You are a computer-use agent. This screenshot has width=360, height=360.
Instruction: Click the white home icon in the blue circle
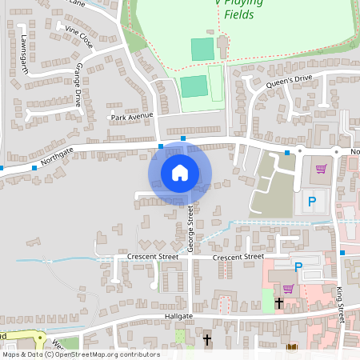coord(180,172)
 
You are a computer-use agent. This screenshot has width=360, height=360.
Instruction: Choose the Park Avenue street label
coord(131,117)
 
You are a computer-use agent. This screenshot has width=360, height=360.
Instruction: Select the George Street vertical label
coord(191,229)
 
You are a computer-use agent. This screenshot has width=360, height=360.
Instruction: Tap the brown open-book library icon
coord(291,347)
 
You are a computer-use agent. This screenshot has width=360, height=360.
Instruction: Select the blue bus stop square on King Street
coord(342,253)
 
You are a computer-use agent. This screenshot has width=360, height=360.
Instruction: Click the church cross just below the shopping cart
coord(279,303)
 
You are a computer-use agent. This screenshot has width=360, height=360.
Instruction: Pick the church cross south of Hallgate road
coord(207,339)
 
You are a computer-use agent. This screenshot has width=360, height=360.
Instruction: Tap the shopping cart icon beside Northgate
coord(322,169)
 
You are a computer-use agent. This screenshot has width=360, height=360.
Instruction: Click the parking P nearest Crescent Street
coord(298,267)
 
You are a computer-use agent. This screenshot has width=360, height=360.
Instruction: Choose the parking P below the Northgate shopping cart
coord(312,201)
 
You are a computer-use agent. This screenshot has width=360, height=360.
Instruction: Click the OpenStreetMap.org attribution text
coord(108,354)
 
